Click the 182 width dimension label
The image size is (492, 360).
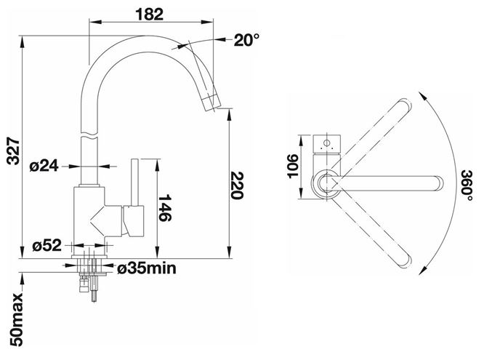pos(150,14)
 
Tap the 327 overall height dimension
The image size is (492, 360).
pos(14,151)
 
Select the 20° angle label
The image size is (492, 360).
pos(246,40)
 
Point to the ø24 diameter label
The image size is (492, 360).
pos(44,166)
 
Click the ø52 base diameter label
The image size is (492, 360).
pos(47,246)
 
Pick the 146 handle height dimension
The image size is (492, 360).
pos(164,208)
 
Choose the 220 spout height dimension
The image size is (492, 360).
pos(237,185)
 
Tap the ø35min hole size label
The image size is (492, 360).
pos(147,268)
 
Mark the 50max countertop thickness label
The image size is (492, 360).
pos(16,319)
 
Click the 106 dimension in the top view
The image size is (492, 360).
pos(293,166)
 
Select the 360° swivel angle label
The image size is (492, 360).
pos(467,186)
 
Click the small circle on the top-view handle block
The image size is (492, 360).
pos(326,143)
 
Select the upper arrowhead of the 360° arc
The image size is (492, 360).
pos(422,96)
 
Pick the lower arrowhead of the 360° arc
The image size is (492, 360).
pos(423,271)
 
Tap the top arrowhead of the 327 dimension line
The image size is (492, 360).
pos(22,41)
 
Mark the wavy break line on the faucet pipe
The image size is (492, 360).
pos(89,137)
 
